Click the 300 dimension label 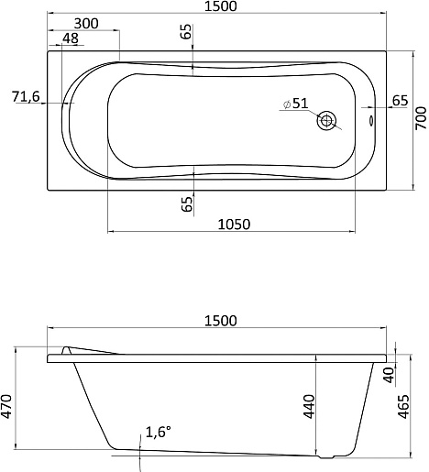point(86,24)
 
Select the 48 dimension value point(71,38)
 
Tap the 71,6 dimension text point(26,97)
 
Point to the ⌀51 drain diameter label point(296,104)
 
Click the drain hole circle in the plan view point(326,120)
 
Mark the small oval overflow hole point(371,120)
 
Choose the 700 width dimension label point(421,118)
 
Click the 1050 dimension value point(234,225)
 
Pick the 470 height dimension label point(6,406)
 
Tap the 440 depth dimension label point(309,407)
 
